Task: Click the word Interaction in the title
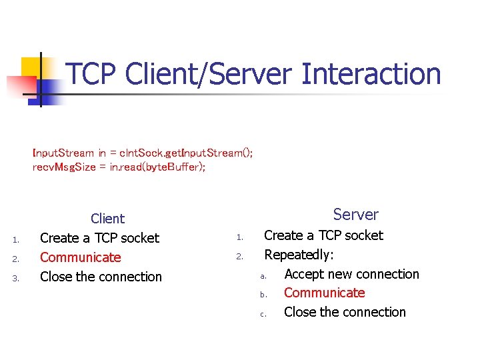[x=371, y=74]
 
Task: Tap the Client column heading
[x=107, y=219]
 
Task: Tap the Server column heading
[x=355, y=215]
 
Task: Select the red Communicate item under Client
[x=81, y=257]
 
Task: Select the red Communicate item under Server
[x=324, y=293]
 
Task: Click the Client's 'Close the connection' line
[x=101, y=277]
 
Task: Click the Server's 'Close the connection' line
[x=345, y=312]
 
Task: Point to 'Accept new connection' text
[x=351, y=274]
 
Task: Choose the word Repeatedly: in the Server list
[x=299, y=255]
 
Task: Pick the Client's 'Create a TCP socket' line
[x=99, y=238]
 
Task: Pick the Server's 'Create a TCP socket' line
[x=323, y=235]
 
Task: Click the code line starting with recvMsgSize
[x=119, y=167]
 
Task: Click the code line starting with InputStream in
[x=142, y=153]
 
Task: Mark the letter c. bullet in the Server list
[x=263, y=314]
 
